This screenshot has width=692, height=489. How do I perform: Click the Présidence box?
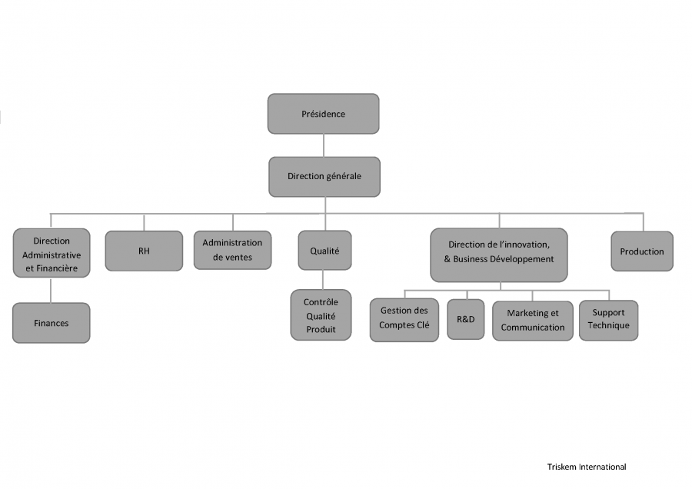[x=324, y=114]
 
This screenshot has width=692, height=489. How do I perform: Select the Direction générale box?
[x=324, y=177]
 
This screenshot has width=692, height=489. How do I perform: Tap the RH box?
[x=144, y=251]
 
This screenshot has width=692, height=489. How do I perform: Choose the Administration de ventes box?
[x=232, y=250]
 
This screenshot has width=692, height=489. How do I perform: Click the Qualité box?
[x=324, y=250]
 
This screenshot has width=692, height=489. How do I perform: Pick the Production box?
[x=642, y=251]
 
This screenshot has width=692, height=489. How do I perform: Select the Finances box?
[x=52, y=323]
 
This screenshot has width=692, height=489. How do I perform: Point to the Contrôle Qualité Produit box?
[x=321, y=315]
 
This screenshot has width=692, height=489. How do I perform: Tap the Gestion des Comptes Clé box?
[x=404, y=320]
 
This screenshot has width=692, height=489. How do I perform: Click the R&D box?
[x=466, y=319]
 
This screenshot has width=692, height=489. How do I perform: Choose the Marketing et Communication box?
[x=533, y=321]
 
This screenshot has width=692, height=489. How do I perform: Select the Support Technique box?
[x=609, y=321]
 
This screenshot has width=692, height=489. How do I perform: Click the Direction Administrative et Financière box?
[x=52, y=253]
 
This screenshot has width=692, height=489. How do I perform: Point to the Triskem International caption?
[x=587, y=467]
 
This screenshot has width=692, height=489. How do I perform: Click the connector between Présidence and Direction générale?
[x=324, y=145]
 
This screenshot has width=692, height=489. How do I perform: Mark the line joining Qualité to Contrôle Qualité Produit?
[x=323, y=280]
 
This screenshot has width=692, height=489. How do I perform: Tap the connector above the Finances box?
[x=51, y=291]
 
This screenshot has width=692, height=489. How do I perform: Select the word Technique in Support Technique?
[x=609, y=326]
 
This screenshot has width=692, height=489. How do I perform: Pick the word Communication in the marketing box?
[x=533, y=328]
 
